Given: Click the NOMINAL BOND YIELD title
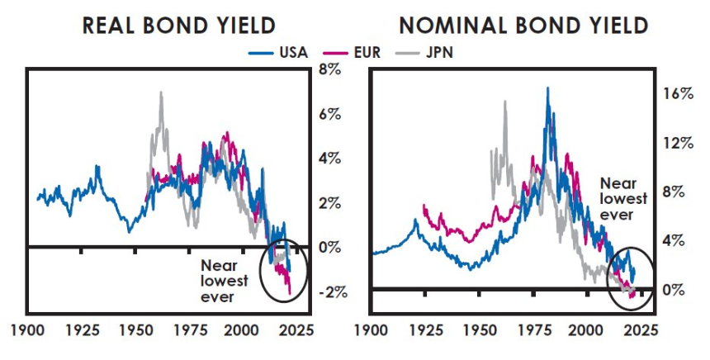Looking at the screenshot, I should pyautogui.click(x=523, y=26).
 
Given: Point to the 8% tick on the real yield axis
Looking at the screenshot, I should pyautogui.click(x=331, y=69).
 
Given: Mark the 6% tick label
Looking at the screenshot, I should pyautogui.click(x=331, y=114).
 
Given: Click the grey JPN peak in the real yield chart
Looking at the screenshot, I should pyautogui.click(x=160, y=93).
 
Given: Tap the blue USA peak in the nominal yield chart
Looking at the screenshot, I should pyautogui.click(x=547, y=88).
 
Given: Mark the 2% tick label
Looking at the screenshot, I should pyautogui.click(x=331, y=203).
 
